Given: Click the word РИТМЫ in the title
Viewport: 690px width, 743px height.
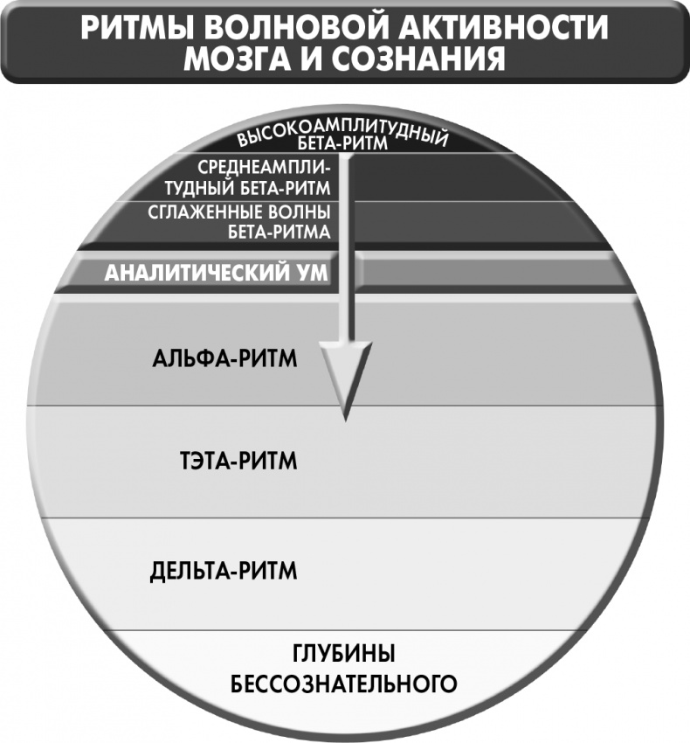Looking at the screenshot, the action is point(137,27).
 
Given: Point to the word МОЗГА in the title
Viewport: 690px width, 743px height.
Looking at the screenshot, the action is point(238,59).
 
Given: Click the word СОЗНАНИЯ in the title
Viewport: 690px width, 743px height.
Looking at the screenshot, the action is point(418,59).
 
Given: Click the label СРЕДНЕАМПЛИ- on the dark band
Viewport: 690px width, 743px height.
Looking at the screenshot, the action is point(264,167).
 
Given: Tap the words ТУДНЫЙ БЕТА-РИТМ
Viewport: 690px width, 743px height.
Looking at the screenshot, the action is point(248,188).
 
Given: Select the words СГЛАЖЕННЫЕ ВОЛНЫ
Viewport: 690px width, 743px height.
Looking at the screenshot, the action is point(239,212).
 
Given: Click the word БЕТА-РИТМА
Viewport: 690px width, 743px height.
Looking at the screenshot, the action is point(279,232).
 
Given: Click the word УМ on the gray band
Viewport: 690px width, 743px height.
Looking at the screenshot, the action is point(311,273).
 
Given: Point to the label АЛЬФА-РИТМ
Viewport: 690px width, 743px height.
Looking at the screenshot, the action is point(224,358).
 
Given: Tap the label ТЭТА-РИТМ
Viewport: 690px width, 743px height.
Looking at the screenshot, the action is point(238,461).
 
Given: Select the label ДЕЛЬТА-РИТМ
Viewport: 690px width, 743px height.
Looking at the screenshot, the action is point(224,571).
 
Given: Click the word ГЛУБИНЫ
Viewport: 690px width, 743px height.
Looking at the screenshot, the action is point(344,654).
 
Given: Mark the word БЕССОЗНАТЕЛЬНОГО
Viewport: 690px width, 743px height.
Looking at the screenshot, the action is point(344,684).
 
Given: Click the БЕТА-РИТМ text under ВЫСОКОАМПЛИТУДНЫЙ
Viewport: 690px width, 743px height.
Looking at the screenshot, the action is point(342,143).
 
